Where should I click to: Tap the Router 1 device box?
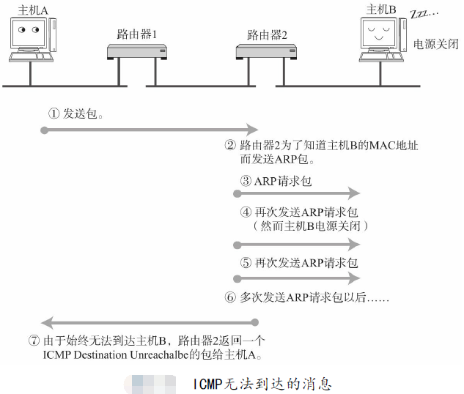click(x=136, y=52)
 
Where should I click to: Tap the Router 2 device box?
click(x=267, y=52)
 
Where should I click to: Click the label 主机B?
click(x=381, y=9)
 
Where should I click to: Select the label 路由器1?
click(x=136, y=34)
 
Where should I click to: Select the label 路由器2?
click(x=267, y=34)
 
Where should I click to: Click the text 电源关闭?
click(x=436, y=44)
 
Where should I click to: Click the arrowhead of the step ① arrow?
click(x=253, y=130)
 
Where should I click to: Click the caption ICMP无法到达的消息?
click(x=262, y=383)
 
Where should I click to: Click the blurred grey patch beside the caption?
click(x=150, y=383)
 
